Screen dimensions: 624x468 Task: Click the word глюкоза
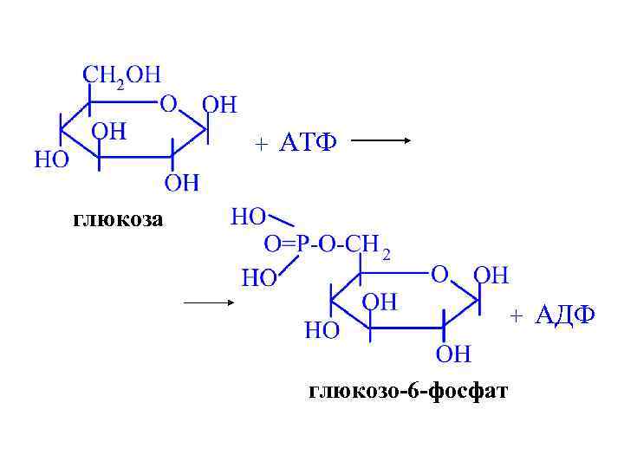[117, 219]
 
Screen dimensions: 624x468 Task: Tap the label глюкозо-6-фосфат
[409, 392]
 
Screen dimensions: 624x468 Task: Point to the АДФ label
[564, 315]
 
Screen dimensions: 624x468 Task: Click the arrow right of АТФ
[380, 142]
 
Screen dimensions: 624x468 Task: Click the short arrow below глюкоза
[210, 302]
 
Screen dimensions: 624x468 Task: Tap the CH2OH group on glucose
[121, 75]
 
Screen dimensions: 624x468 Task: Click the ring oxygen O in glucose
[168, 104]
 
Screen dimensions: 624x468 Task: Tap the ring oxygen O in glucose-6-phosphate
[439, 275]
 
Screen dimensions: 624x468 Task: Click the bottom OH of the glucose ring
[182, 183]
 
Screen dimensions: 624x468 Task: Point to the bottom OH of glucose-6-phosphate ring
[453, 354]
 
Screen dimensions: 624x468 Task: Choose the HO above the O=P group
[250, 216]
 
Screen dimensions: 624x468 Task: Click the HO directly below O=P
[258, 277]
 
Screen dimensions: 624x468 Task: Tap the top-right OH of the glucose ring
[218, 106]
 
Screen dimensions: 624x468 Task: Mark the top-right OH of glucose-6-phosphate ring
[491, 276]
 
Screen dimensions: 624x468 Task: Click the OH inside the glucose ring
[109, 132]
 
